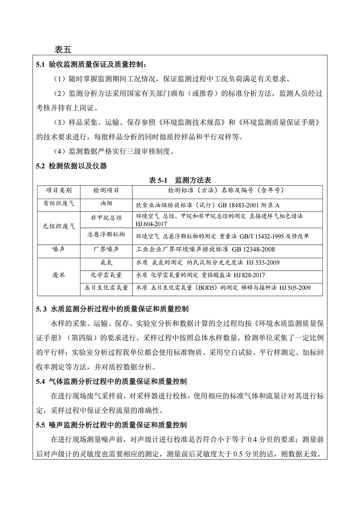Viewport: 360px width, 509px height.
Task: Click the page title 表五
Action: click(x=63, y=50)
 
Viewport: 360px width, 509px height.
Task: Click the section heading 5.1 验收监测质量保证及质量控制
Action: click(x=91, y=64)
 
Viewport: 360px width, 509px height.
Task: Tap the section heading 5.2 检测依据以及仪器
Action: click(x=71, y=166)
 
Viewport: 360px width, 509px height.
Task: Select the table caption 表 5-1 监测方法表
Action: click(x=180, y=180)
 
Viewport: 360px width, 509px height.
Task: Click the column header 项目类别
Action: click(x=59, y=190)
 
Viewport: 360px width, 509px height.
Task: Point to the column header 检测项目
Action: click(x=106, y=190)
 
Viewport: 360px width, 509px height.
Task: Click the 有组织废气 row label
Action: click(x=59, y=204)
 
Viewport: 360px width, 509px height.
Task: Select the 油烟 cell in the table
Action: click(x=106, y=204)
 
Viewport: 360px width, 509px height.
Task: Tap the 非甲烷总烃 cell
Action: click(x=106, y=218)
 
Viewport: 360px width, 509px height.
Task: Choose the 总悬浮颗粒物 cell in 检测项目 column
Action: click(x=106, y=234)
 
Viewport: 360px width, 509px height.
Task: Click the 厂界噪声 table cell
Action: click(x=106, y=249)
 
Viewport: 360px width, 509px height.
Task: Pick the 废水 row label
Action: click(x=59, y=275)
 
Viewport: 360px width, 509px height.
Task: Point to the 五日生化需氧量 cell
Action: click(x=106, y=287)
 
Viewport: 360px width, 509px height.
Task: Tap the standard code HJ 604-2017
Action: click(x=152, y=224)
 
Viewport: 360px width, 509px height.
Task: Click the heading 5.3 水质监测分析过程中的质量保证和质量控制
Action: click(x=112, y=309)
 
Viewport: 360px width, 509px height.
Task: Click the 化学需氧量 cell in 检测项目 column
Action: click(x=106, y=275)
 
